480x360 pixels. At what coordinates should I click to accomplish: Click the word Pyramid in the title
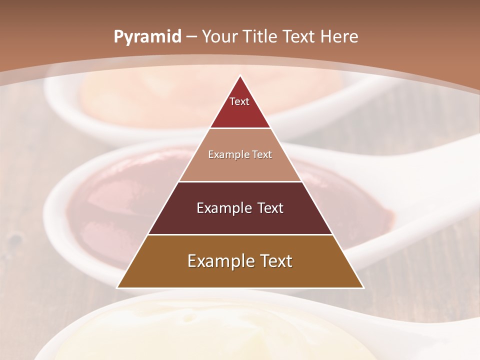(x=147, y=37)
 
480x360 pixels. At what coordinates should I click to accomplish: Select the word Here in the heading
(x=340, y=36)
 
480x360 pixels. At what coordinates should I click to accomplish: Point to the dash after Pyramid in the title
(x=191, y=37)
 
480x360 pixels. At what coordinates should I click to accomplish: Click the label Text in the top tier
(x=239, y=101)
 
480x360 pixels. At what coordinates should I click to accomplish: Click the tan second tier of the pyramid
(x=240, y=167)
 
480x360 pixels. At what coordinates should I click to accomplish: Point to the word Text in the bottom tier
(x=275, y=261)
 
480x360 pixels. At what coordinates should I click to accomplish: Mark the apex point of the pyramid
(x=240, y=76)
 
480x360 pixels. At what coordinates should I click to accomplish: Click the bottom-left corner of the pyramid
(x=118, y=287)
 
